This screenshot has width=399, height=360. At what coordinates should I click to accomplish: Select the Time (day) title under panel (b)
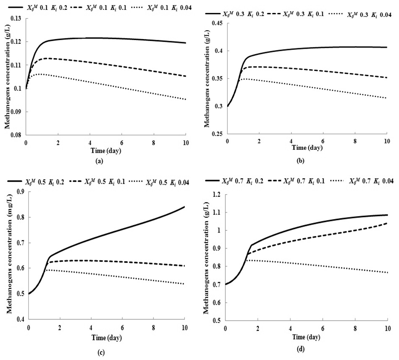tap(306, 148)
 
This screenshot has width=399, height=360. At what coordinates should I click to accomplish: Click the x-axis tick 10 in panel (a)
tap(185, 143)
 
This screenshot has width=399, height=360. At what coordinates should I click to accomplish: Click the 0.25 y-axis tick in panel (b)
tap(220, 134)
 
